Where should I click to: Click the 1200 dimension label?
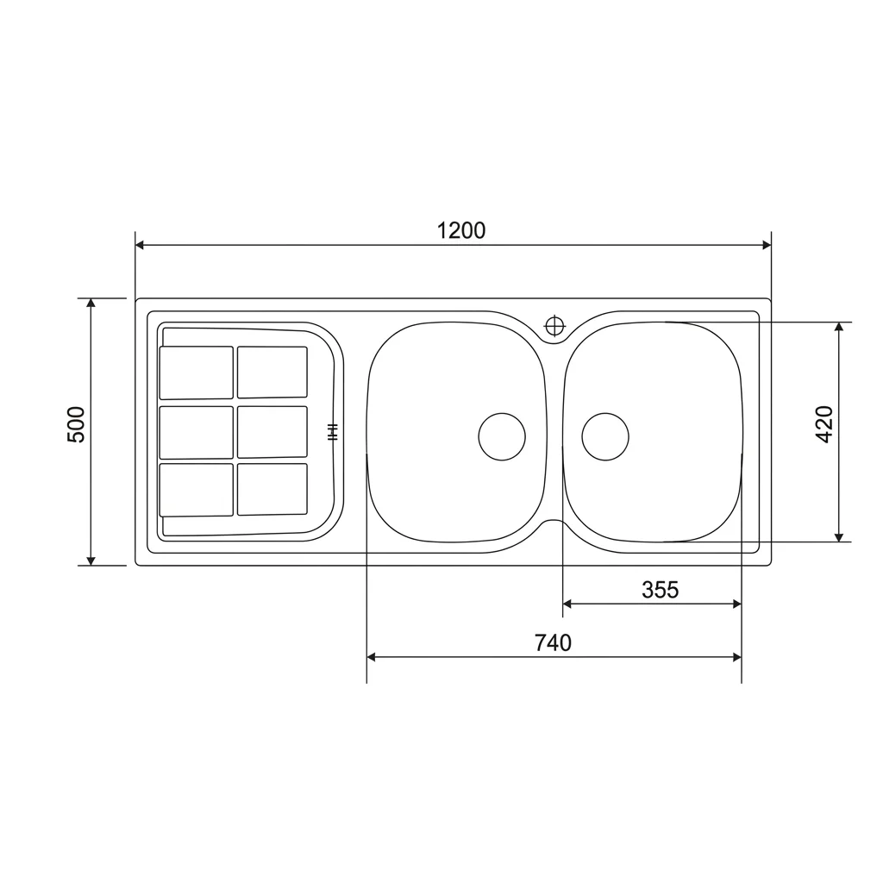click(461, 230)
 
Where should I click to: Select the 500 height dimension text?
click(76, 424)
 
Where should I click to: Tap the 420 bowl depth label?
click(824, 424)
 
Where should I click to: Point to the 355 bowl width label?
click(660, 590)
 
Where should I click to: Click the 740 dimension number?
click(553, 642)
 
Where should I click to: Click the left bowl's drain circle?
click(502, 436)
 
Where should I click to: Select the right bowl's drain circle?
click(605, 436)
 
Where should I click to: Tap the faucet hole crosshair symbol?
click(554, 326)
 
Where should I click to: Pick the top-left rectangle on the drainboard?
click(196, 373)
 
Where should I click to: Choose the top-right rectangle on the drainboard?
click(272, 373)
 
